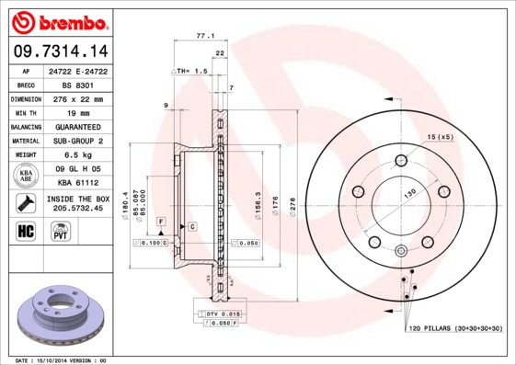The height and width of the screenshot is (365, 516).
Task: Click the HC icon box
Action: click(x=25, y=230)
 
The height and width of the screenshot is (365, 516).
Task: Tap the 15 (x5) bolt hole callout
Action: click(x=439, y=137)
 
